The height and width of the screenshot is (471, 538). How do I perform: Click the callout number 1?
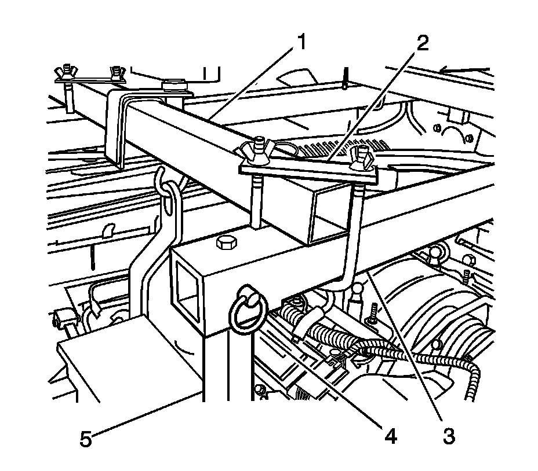pos(301,43)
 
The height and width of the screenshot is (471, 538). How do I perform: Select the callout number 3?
pos(447,436)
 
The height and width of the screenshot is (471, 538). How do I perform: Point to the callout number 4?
pos(390,436)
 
